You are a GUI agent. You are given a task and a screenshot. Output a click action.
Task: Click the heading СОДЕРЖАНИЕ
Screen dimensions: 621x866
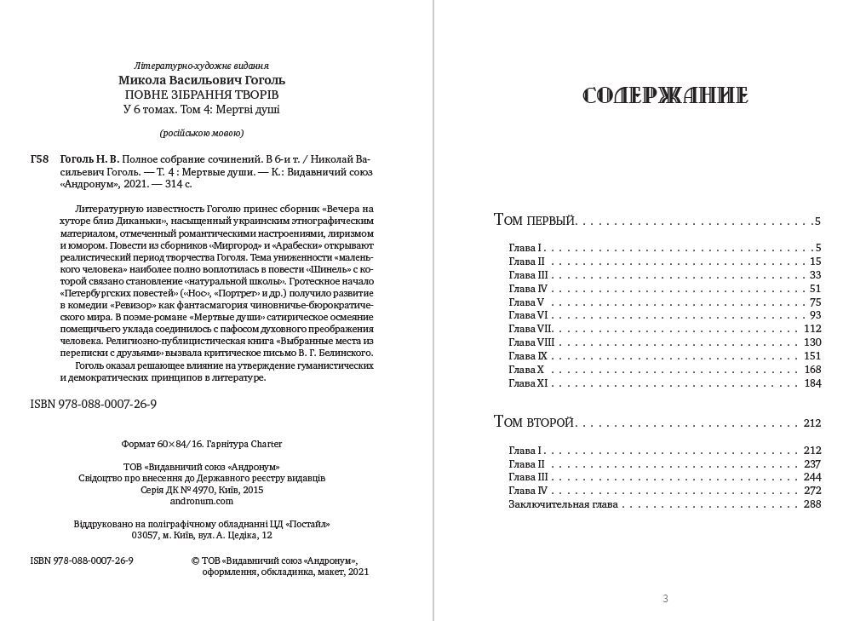coord(664,95)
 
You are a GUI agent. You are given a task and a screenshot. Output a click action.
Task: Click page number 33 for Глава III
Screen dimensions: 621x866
coord(815,275)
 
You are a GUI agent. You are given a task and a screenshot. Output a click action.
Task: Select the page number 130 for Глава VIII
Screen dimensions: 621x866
coord(812,342)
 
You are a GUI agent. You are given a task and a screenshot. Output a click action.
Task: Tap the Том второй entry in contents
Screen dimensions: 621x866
coord(535,423)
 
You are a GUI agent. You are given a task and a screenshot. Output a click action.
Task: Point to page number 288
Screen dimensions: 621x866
coord(812,504)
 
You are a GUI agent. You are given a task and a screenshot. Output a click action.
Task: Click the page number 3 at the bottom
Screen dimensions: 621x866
coord(665,599)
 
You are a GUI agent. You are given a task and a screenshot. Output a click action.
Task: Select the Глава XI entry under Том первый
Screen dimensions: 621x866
coord(529,383)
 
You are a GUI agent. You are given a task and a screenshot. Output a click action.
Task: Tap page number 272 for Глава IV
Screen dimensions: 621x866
coord(812,491)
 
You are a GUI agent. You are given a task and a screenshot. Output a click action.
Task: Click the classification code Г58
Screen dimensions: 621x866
coord(39,159)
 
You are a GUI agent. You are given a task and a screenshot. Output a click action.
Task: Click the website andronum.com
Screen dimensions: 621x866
coord(201,502)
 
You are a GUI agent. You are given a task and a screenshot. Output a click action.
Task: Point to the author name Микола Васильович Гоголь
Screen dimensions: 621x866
coord(202,80)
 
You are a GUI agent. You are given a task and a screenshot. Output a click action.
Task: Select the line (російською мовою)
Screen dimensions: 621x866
coord(202,133)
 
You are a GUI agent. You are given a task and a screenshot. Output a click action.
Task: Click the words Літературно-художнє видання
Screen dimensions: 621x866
coord(202,66)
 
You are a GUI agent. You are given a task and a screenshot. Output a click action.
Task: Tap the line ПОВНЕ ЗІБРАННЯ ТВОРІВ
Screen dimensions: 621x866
coord(202,95)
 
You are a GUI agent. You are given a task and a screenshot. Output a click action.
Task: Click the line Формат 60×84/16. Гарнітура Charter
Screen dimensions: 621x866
coord(202,444)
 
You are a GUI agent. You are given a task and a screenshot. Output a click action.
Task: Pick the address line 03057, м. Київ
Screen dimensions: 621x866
coord(202,535)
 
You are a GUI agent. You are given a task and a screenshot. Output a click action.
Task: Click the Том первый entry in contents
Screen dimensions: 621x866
coord(535,221)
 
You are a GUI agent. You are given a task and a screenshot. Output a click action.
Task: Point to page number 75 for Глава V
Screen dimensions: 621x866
coord(815,302)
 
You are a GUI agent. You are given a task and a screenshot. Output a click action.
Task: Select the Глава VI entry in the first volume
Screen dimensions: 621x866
coord(528,315)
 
